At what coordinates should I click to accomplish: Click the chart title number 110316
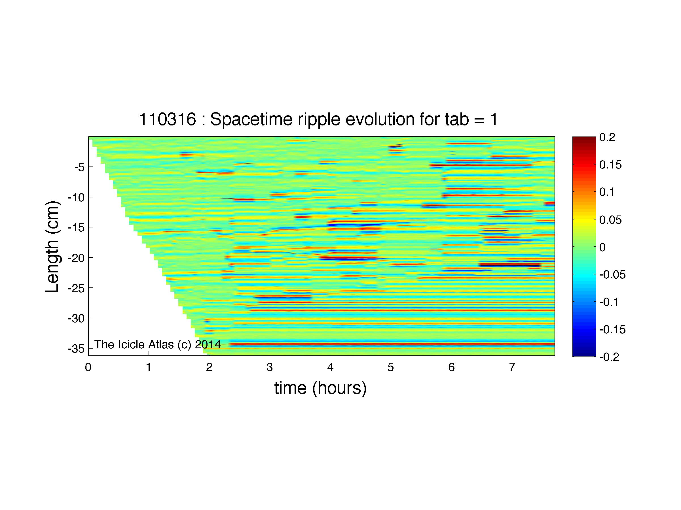(x=168, y=119)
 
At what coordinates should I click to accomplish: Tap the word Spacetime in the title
(x=251, y=119)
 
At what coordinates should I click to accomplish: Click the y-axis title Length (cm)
(x=52, y=247)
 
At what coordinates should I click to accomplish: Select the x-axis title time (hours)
(x=320, y=388)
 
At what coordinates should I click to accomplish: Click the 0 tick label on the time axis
(x=88, y=367)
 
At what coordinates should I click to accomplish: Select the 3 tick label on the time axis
(x=270, y=367)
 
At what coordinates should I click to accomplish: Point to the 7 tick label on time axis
(x=512, y=367)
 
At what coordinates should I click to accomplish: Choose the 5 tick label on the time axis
(x=391, y=367)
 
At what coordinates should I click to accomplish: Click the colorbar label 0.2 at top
(x=607, y=137)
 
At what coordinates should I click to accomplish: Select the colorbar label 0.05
(x=610, y=220)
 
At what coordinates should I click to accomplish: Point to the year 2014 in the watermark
(x=208, y=344)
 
